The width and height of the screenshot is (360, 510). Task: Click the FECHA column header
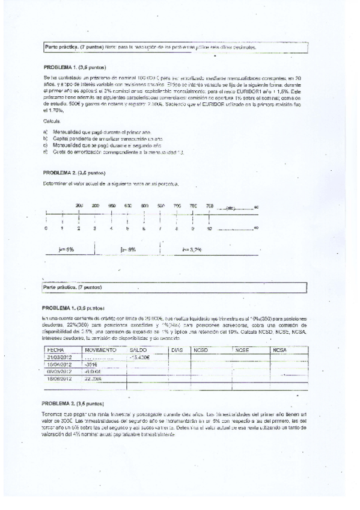click(55, 349)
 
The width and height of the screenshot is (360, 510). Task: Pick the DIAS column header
click(177, 349)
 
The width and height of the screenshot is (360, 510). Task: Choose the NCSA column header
click(280, 349)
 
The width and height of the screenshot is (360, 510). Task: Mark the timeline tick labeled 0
click(46, 229)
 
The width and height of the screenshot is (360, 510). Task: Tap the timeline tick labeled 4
click(111, 229)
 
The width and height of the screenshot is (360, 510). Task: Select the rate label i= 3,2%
click(191, 248)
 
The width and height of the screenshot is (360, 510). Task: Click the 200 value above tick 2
click(79, 206)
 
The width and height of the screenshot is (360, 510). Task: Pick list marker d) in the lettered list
click(46, 152)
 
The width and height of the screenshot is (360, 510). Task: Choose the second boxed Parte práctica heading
click(73, 288)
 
